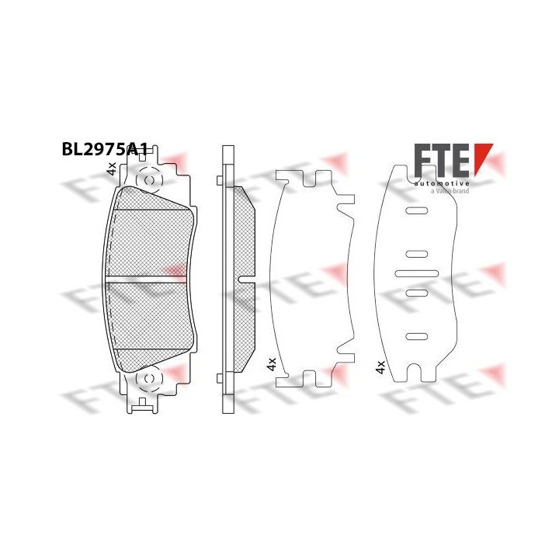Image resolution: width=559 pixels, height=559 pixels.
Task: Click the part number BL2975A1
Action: (x=105, y=149)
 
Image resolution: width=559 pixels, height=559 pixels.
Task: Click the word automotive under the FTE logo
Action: (x=442, y=183)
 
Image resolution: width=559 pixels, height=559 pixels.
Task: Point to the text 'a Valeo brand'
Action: (x=450, y=191)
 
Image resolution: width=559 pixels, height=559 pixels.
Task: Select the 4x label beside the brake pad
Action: (x=112, y=168)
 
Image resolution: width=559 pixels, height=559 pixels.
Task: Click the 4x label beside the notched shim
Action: (x=272, y=364)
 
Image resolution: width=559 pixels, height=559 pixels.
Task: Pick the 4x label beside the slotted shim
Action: (x=380, y=366)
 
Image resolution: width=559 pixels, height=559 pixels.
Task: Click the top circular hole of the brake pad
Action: (x=150, y=180)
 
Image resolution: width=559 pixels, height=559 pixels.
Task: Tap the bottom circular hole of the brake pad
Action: (x=150, y=379)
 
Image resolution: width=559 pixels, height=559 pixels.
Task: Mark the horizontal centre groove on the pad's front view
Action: (x=146, y=276)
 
